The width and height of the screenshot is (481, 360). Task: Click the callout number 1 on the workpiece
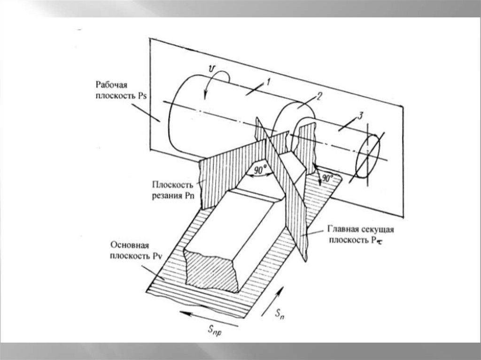tap(268, 82)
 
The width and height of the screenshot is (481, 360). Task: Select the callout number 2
tap(319, 97)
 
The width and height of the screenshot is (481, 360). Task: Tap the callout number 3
tap(360, 116)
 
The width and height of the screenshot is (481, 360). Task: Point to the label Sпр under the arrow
tap(214, 330)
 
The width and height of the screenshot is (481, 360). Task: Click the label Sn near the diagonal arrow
tap(279, 314)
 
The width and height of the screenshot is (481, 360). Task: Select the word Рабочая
tap(111, 84)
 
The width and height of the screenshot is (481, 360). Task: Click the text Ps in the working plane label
tap(142, 96)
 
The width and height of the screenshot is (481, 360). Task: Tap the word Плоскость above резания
tap(173, 184)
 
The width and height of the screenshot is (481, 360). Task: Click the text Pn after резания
tap(190, 196)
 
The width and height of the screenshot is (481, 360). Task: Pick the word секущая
tap(378, 229)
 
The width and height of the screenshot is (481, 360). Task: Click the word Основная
tap(130, 245)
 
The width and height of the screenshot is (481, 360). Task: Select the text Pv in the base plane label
tap(157, 256)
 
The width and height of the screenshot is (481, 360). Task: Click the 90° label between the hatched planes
tap(260, 169)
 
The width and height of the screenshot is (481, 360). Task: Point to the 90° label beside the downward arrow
tap(327, 178)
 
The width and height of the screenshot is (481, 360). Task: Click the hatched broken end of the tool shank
tap(212, 270)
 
